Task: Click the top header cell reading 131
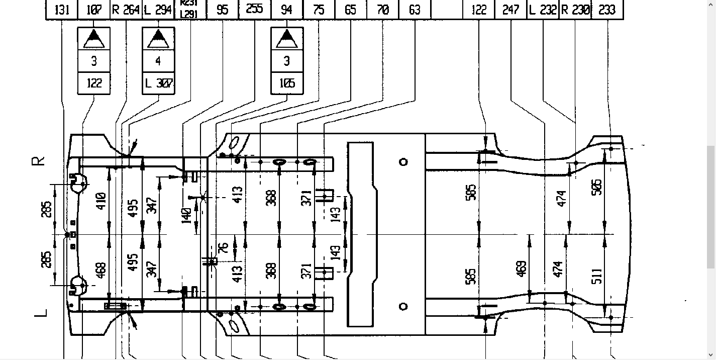[x=62, y=10]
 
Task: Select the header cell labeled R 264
[x=126, y=10]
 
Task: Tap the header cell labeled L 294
[x=158, y=10]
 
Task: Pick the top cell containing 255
[x=254, y=10]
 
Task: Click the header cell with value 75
[x=319, y=10]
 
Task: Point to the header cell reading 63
[x=415, y=10]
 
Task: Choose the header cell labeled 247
[x=510, y=10]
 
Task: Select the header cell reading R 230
[x=575, y=10]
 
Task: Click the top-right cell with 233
[x=607, y=10]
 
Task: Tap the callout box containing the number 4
[x=158, y=61]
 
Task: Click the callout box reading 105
[x=287, y=83]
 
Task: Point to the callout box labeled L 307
[x=158, y=83]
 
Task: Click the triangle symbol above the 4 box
[x=158, y=38]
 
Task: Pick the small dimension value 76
[x=224, y=247]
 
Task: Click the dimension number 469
[x=521, y=268]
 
